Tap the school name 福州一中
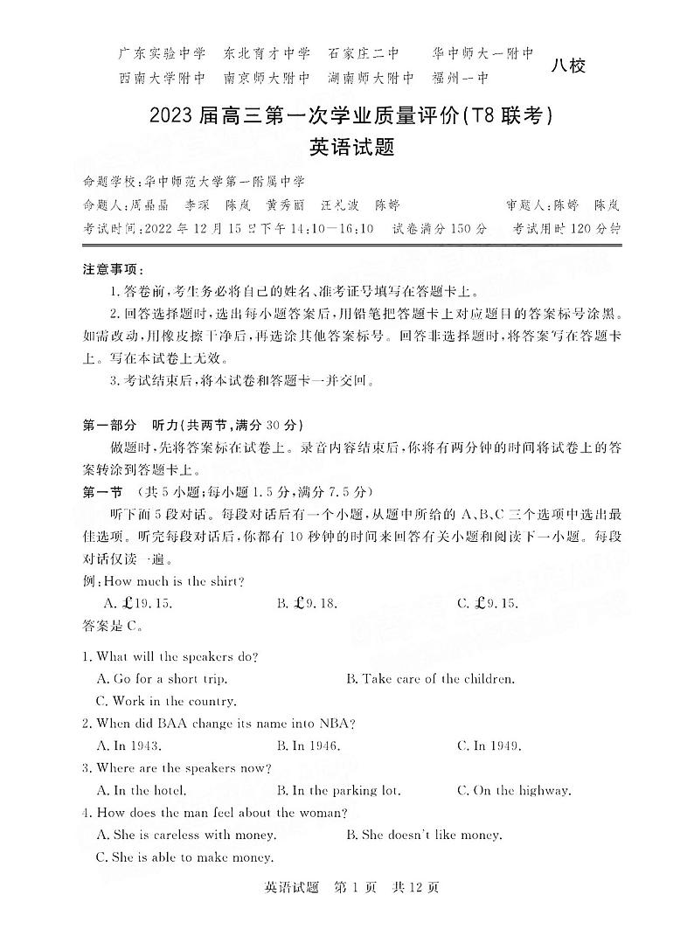460,78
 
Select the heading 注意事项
114,269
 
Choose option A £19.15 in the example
138,603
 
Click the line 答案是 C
109,625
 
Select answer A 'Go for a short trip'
162,679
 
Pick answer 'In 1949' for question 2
489,746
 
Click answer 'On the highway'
514,791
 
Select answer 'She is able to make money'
184,857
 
